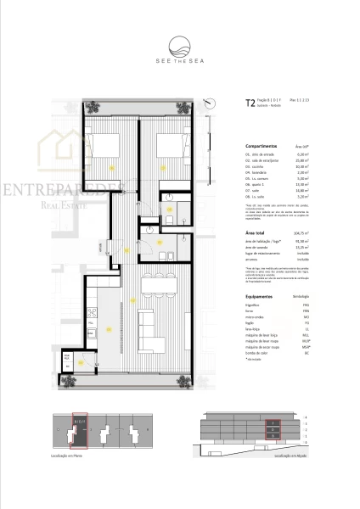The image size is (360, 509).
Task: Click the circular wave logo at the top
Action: click(180, 45)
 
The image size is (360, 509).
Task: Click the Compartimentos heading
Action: click(265, 146)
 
